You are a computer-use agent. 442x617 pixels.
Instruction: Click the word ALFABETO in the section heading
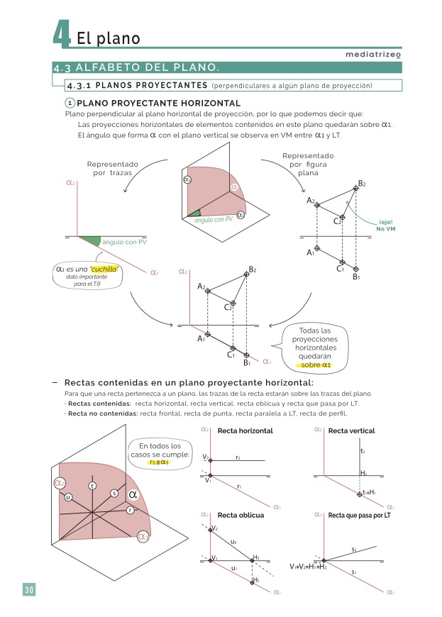pyautogui.click(x=106, y=68)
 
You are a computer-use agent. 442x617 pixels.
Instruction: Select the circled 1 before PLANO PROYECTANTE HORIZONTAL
pyautogui.click(x=70, y=103)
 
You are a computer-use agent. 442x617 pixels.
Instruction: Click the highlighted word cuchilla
pyautogui.click(x=99, y=269)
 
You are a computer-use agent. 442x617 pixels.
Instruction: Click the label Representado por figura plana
pyautogui.click(x=309, y=164)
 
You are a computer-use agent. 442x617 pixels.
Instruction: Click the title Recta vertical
pyautogui.click(x=351, y=430)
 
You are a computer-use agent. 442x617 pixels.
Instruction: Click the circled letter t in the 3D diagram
pyautogui.click(x=92, y=485)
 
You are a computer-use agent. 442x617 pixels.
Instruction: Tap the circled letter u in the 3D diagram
pyautogui.click(x=68, y=496)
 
